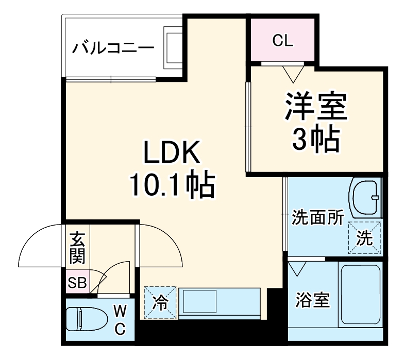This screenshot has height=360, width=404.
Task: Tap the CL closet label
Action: pos(282,41)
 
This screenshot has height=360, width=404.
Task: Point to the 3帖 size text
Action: pos(316,138)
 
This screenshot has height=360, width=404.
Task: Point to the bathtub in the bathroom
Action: pos(360,295)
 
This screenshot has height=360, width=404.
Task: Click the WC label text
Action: pos(120,320)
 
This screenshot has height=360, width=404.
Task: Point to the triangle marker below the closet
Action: pos(294,74)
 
